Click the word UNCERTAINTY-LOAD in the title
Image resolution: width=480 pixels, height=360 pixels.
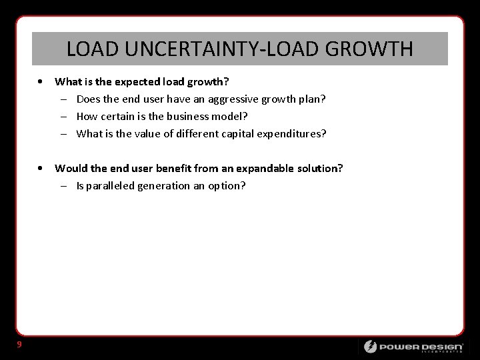[214, 49]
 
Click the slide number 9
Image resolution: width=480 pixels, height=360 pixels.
[19, 344]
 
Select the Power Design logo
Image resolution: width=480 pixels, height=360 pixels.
[413, 347]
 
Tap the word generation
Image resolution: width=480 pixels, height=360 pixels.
[163, 186]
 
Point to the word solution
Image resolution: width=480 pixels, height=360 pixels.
[319, 168]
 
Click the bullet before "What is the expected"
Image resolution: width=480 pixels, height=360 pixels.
[42, 82]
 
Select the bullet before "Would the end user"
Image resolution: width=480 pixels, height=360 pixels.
[42, 168]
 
